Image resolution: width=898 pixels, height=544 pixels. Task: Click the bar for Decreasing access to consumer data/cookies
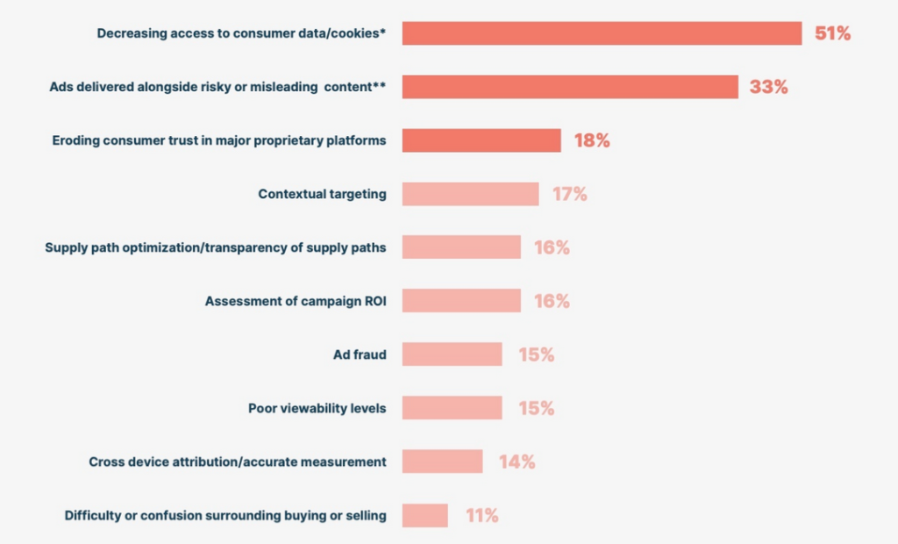click(x=602, y=33)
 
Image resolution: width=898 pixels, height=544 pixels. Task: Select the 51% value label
click(x=833, y=33)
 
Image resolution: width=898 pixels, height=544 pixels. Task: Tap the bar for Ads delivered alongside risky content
click(x=570, y=87)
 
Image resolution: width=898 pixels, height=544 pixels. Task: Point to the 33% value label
click(x=768, y=87)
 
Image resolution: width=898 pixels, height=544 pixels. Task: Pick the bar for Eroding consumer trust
click(x=481, y=140)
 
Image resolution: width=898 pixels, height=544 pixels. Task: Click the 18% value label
click(x=592, y=140)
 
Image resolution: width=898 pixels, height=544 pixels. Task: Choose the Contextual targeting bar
click(x=470, y=194)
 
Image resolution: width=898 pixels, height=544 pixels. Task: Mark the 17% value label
click(x=570, y=194)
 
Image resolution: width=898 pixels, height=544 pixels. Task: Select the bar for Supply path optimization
click(x=461, y=247)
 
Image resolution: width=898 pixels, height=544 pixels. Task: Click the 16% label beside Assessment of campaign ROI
click(x=552, y=301)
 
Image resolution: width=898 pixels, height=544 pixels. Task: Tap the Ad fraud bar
click(x=452, y=354)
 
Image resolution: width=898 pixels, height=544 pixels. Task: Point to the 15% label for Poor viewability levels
click(x=537, y=408)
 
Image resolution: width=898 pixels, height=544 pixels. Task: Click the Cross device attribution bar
click(x=442, y=462)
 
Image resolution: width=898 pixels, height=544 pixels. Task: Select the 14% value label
click(x=517, y=462)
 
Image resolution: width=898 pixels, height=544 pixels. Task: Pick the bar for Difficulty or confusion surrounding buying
click(x=425, y=515)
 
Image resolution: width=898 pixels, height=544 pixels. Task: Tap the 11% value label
click(x=482, y=515)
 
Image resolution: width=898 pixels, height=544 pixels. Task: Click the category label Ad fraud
click(x=360, y=354)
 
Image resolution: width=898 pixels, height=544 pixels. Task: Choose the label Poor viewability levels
click(x=317, y=408)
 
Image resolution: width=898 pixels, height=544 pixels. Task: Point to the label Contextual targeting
click(x=323, y=194)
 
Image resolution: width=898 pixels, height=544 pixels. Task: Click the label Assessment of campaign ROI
click(x=296, y=302)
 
